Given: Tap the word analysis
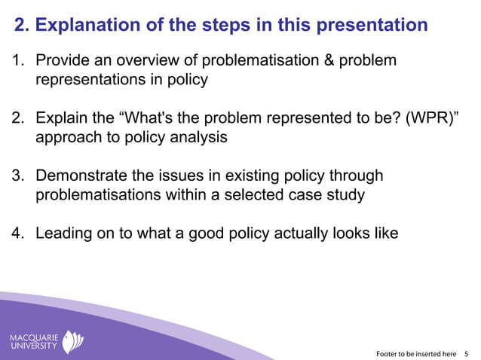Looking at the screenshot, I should (199, 138).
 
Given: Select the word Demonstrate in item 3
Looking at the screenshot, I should (82, 176).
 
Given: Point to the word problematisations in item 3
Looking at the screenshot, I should (100, 195).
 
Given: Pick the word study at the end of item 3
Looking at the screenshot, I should (346, 195).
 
